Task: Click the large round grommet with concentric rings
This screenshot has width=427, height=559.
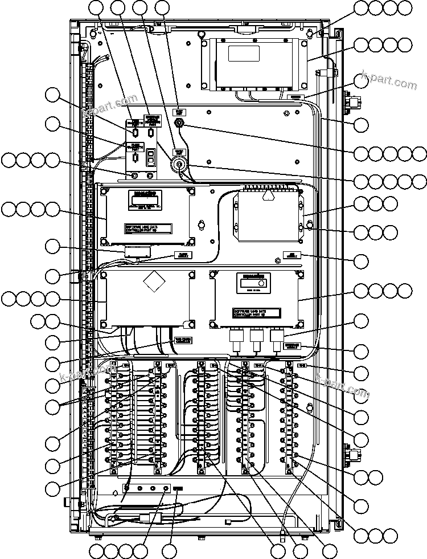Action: (179, 165)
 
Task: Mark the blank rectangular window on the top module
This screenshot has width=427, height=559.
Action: (244, 53)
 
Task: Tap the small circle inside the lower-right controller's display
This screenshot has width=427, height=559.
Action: (261, 283)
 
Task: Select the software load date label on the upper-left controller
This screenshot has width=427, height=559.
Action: (147, 228)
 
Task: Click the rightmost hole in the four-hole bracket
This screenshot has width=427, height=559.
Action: (166, 488)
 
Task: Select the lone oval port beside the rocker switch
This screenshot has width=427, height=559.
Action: (135, 157)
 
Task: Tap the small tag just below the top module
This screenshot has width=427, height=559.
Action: (295, 97)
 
